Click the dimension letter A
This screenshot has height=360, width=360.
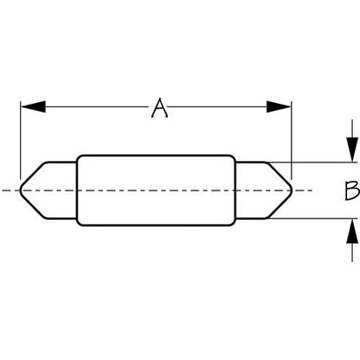[159, 108]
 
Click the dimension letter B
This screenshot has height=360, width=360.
[352, 190]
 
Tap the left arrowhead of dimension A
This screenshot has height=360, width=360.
[33, 106]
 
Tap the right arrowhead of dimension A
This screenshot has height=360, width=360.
[279, 106]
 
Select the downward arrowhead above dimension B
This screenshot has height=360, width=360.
[352, 150]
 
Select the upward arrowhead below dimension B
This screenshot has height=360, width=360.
[352, 231]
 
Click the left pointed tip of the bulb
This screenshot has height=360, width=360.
[20, 190]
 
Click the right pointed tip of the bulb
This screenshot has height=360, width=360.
[292, 190]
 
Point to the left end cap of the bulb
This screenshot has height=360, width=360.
[48, 190]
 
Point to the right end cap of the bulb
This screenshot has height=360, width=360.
[264, 190]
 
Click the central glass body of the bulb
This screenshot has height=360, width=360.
[156, 190]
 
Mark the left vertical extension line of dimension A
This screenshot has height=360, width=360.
[21, 140]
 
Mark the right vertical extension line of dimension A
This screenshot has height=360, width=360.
[292, 140]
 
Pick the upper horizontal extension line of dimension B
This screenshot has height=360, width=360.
[312, 163]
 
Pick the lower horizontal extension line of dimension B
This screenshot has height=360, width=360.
[312, 219]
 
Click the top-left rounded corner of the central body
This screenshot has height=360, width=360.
[79, 157]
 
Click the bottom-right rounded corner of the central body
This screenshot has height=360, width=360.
[234, 223]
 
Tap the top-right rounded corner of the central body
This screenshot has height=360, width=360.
[234, 157]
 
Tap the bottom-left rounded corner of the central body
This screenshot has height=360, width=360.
[79, 223]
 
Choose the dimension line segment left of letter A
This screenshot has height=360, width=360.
[97, 106]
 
